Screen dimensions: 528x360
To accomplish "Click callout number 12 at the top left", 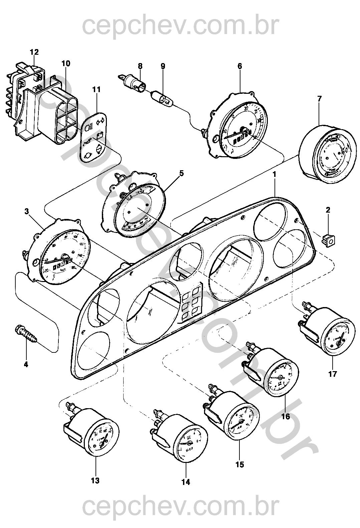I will coord(34,52).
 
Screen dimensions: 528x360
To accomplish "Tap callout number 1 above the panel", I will coord(274,174).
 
